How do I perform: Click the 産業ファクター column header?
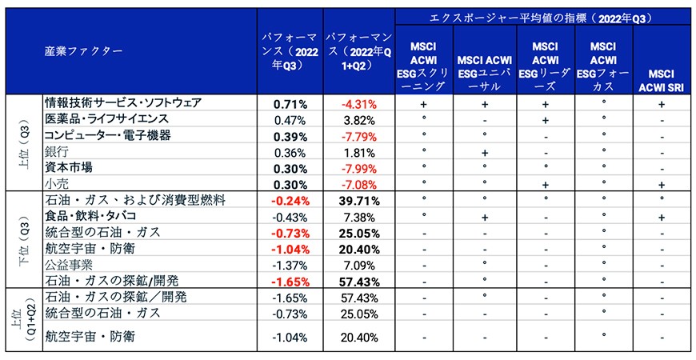(83, 51)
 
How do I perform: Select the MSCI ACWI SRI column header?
(662, 80)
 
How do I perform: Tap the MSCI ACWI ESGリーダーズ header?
(545, 66)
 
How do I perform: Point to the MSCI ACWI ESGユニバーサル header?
(484, 74)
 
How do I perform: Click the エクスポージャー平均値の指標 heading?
(537, 18)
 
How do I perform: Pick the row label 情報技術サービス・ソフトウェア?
(123, 103)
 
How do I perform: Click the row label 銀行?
(57, 152)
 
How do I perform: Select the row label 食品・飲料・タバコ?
(90, 216)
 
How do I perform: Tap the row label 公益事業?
(69, 265)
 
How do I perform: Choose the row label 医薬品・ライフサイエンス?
(107, 119)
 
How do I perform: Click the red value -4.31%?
(359, 105)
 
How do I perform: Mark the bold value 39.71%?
(359, 201)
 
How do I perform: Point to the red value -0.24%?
(290, 201)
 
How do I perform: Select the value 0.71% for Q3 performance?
(290, 105)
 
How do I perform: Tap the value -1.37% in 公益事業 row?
(290, 266)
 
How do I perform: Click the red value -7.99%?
(359, 169)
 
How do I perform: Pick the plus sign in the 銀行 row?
(485, 153)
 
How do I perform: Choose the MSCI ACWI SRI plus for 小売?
(662, 185)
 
